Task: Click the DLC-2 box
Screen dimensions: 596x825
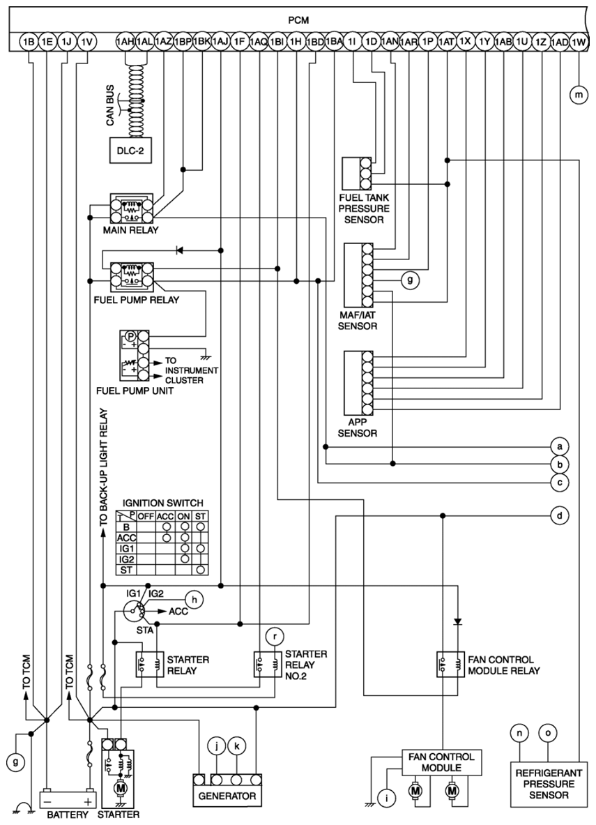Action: [x=130, y=151]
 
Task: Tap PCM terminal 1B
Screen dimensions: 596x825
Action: [x=29, y=42]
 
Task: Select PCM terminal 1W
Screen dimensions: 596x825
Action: [x=579, y=42]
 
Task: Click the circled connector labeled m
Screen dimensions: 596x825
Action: [x=579, y=95]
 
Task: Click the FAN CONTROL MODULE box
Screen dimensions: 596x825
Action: [x=441, y=762]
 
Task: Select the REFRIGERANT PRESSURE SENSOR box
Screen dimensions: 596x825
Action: [x=549, y=784]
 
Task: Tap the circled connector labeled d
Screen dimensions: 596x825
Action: [x=560, y=515]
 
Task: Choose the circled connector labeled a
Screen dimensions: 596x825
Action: [x=560, y=447]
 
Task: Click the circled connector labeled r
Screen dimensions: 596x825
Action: [x=275, y=637]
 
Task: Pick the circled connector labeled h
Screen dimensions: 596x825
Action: [x=194, y=599]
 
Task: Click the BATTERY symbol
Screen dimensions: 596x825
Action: [x=68, y=798]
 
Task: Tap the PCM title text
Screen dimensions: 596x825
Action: [x=298, y=20]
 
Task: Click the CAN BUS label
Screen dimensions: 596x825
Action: [x=110, y=106]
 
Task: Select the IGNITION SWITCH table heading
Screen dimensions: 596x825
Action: [x=162, y=503]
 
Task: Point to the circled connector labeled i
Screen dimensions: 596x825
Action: [x=387, y=798]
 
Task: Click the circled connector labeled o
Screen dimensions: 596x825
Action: [x=548, y=732]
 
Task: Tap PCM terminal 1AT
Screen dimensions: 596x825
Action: [x=446, y=42]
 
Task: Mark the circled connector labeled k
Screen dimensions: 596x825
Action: [x=237, y=745]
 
